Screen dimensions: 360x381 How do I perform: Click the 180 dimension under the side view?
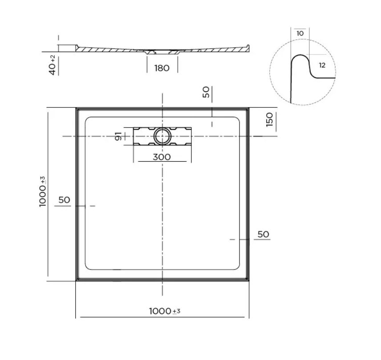coord(162,68)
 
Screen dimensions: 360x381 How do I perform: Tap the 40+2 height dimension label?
coord(53,65)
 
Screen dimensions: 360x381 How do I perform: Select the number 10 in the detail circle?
coord(300,33)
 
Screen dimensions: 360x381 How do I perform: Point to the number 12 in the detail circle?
coord(322,65)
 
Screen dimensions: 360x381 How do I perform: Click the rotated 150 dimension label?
coord(269,119)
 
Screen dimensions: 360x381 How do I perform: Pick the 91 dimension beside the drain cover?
coord(118,136)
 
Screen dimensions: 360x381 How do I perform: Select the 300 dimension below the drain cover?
coord(162,157)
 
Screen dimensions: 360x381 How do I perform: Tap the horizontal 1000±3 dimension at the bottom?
coord(164,311)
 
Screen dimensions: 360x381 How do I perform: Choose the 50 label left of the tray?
coord(64,200)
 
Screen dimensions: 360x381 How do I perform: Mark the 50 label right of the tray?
coord(263,234)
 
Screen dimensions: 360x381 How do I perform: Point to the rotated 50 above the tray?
coord(206,92)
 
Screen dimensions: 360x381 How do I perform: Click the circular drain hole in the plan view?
coord(162,136)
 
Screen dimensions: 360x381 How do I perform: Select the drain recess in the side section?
coord(162,52)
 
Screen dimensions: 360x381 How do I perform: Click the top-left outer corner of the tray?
coord(76,108)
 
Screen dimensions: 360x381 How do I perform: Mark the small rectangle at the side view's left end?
coord(67,48)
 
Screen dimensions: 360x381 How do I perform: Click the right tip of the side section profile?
coord(248,46)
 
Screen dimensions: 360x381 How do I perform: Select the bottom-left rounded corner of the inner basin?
coord(87,267)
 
